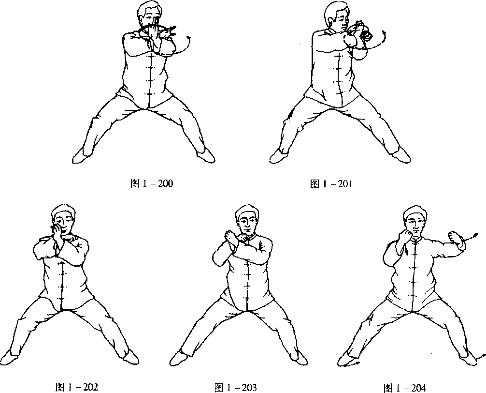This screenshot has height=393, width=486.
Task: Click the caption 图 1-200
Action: [x=152, y=183]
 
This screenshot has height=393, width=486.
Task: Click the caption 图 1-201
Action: [x=331, y=184]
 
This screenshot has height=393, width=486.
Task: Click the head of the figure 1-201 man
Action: [x=336, y=15]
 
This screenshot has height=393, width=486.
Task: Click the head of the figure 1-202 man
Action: [x=64, y=219]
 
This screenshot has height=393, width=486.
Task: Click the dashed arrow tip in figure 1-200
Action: [x=189, y=38]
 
